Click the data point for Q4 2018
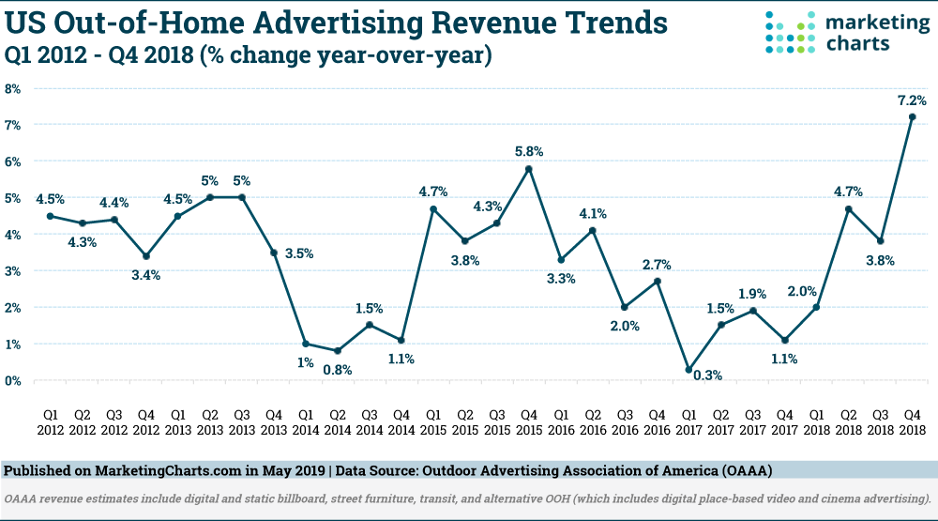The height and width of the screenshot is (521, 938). coord(912,116)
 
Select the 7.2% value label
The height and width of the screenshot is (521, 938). coord(912,100)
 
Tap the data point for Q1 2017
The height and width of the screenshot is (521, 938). coord(688,370)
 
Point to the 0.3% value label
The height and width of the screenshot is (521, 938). coord(707,375)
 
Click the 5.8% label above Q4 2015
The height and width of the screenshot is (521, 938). coord(529,151)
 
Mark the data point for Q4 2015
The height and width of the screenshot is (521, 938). coord(529,169)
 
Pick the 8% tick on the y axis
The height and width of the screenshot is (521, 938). coord(12,88)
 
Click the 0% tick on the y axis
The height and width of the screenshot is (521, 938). coord(12,381)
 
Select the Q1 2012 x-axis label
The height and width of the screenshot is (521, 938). coord(51,422)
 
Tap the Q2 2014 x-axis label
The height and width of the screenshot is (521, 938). coord(338,422)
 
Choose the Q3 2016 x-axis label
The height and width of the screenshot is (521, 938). coord(625,422)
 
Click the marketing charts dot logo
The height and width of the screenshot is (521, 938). coord(790,32)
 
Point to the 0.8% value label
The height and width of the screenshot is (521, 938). coord(338,370)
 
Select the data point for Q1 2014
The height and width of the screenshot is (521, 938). coord(306,344)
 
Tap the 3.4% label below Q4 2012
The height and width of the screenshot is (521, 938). coord(146,275)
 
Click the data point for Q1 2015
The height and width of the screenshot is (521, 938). coord(433,209)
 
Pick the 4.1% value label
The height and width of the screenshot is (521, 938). coord(593,214)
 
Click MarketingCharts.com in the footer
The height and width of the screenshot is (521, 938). coord(168,470)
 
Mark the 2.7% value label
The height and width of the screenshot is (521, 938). coord(657,265)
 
